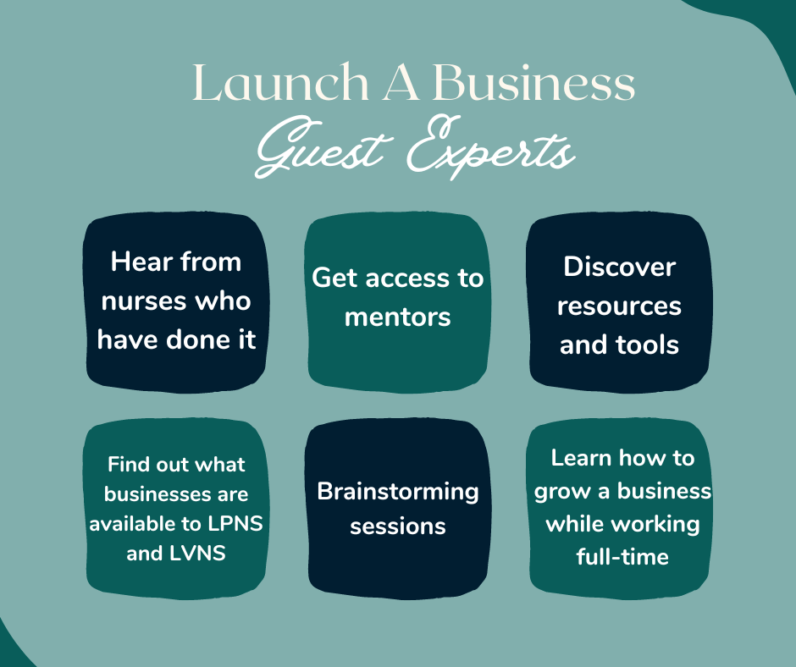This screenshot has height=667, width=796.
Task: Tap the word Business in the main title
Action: [x=533, y=82]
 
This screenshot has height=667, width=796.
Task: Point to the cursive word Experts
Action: [x=491, y=147]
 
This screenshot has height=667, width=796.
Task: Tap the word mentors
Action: [x=397, y=317]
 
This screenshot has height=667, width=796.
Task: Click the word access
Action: [x=407, y=278]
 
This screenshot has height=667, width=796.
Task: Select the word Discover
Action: [x=619, y=267]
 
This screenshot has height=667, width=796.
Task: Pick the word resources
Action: [x=619, y=306]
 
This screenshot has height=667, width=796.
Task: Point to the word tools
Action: [x=647, y=345]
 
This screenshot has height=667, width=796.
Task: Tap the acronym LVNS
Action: [x=197, y=553]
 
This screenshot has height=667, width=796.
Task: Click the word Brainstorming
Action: [x=398, y=493]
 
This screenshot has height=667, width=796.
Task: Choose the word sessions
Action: [x=398, y=526]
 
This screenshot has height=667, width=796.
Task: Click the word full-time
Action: [x=622, y=557]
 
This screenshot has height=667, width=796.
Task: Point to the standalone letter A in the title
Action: [x=401, y=82]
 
